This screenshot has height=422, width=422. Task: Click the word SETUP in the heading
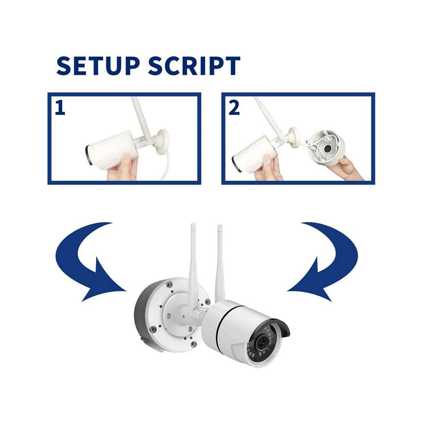pos(98,66)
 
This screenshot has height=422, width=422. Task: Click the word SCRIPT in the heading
pos(194,66)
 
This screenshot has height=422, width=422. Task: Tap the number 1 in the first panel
pos(60,107)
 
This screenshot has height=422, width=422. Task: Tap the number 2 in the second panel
pos(234,107)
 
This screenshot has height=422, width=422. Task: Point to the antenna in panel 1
pos(141,119)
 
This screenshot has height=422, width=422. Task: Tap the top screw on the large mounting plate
pos(169,284)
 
